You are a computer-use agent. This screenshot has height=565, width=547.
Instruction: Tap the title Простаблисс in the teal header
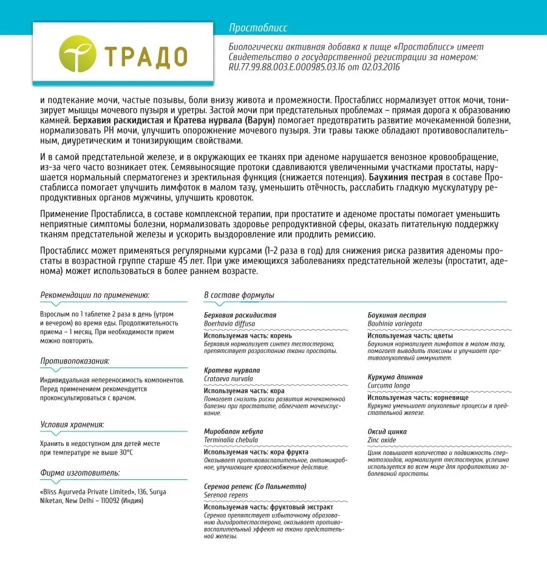[258, 28]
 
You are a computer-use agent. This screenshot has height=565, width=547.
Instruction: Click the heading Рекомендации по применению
[95, 295]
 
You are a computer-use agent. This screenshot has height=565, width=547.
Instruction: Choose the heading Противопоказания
[75, 361]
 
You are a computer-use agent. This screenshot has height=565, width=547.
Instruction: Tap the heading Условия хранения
[72, 425]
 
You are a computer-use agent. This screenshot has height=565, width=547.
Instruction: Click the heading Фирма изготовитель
[80, 472]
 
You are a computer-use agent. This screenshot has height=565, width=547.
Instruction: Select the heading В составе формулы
[239, 295]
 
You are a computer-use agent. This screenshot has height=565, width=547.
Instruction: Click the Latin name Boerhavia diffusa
[229, 324]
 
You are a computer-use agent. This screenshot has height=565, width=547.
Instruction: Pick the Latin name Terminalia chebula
[231, 440]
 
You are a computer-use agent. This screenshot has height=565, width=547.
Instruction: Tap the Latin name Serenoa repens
[226, 495]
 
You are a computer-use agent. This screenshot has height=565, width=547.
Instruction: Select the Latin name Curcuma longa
[389, 385]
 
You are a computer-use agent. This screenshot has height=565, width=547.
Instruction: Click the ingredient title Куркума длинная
[395, 377]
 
